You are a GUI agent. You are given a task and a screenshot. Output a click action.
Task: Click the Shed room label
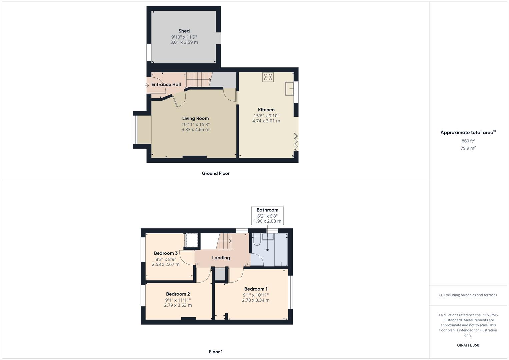coord(184,31)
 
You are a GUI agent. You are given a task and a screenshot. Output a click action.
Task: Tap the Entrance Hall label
coord(166,85)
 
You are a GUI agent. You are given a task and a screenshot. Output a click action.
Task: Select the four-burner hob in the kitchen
coord(268,77)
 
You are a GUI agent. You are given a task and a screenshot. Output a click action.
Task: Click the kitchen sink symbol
coord(289,89)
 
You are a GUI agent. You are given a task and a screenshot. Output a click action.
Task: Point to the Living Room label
coord(195,118)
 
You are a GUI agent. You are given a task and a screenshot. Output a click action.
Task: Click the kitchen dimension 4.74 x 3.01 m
coord(266,121)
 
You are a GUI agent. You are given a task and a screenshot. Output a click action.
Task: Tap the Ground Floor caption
coord(216,173)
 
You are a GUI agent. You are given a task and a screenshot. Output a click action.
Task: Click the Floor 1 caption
coord(216,352)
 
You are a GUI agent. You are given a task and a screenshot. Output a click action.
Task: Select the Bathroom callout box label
coord(267,210)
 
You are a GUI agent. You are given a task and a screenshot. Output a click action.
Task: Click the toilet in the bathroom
coord(256,240)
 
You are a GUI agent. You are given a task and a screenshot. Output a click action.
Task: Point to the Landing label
coord(221,258)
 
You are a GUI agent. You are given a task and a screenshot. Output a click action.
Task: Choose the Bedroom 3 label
coord(166,253)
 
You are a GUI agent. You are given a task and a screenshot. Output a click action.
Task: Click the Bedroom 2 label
coord(178,294)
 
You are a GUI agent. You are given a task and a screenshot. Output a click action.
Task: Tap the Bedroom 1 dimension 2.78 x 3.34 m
coord(256,300)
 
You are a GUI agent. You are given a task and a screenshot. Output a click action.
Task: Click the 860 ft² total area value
coord(468,141)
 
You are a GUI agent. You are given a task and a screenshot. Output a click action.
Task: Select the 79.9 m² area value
coord(468,148)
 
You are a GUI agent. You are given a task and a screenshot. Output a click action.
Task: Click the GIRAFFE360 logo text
coord(468,345)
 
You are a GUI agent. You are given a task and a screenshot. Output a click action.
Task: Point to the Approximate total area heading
coord(467,133)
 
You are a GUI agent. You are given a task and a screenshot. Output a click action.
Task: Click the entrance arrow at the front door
coord(147,86)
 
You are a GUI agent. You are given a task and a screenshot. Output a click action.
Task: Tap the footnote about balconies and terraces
coord(468,295)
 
